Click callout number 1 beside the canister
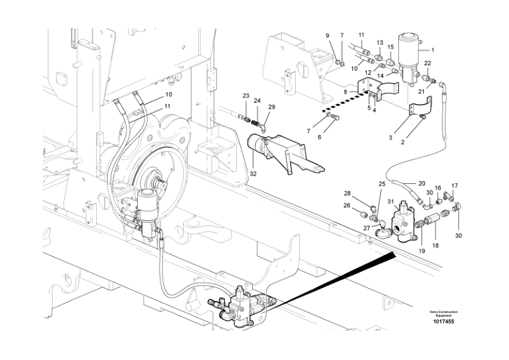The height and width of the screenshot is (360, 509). [x=432, y=50]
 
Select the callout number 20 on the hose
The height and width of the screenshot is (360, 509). [x=421, y=183]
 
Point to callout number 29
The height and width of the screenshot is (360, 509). [x=271, y=106]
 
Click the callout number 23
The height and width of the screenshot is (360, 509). [x=246, y=96]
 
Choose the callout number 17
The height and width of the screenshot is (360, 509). [x=455, y=186]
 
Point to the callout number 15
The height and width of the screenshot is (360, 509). [x=391, y=47]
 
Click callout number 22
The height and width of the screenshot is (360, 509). [x=427, y=63]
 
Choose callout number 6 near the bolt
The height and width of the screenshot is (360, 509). [x=337, y=137]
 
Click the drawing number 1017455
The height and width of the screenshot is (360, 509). [x=443, y=321]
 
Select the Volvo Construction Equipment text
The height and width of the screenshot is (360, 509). [x=443, y=313]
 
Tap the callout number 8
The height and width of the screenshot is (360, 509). [x=345, y=91]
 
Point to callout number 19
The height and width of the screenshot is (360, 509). [x=422, y=250]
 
